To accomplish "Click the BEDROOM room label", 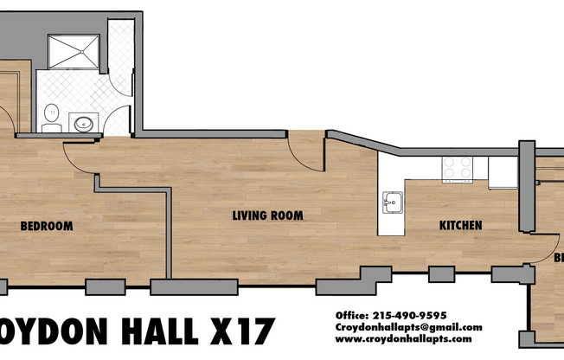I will (x=46, y=227).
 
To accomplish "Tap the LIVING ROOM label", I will (x=266, y=215).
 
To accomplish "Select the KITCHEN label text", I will (x=460, y=226).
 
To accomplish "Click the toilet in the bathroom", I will (x=51, y=113).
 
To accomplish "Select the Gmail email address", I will (x=408, y=327).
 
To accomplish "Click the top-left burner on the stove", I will (x=449, y=162).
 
